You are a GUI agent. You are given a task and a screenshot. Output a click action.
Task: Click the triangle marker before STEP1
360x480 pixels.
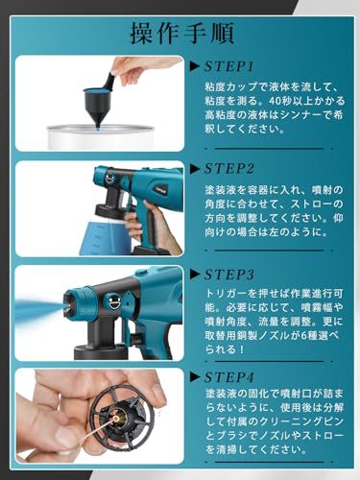point(195,68)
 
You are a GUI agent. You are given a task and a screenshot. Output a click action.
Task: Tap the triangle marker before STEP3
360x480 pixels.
point(195,271)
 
